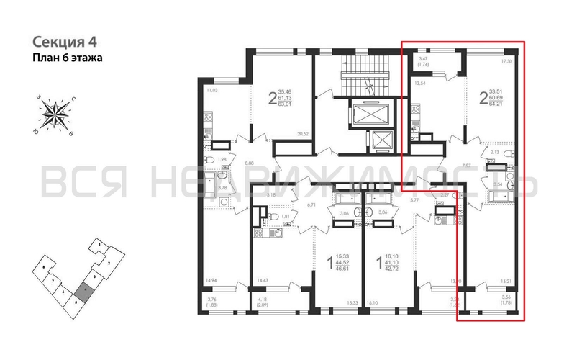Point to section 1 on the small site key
tap(94, 246)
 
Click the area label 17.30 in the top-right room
tap(506, 62)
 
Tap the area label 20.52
tap(301, 135)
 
